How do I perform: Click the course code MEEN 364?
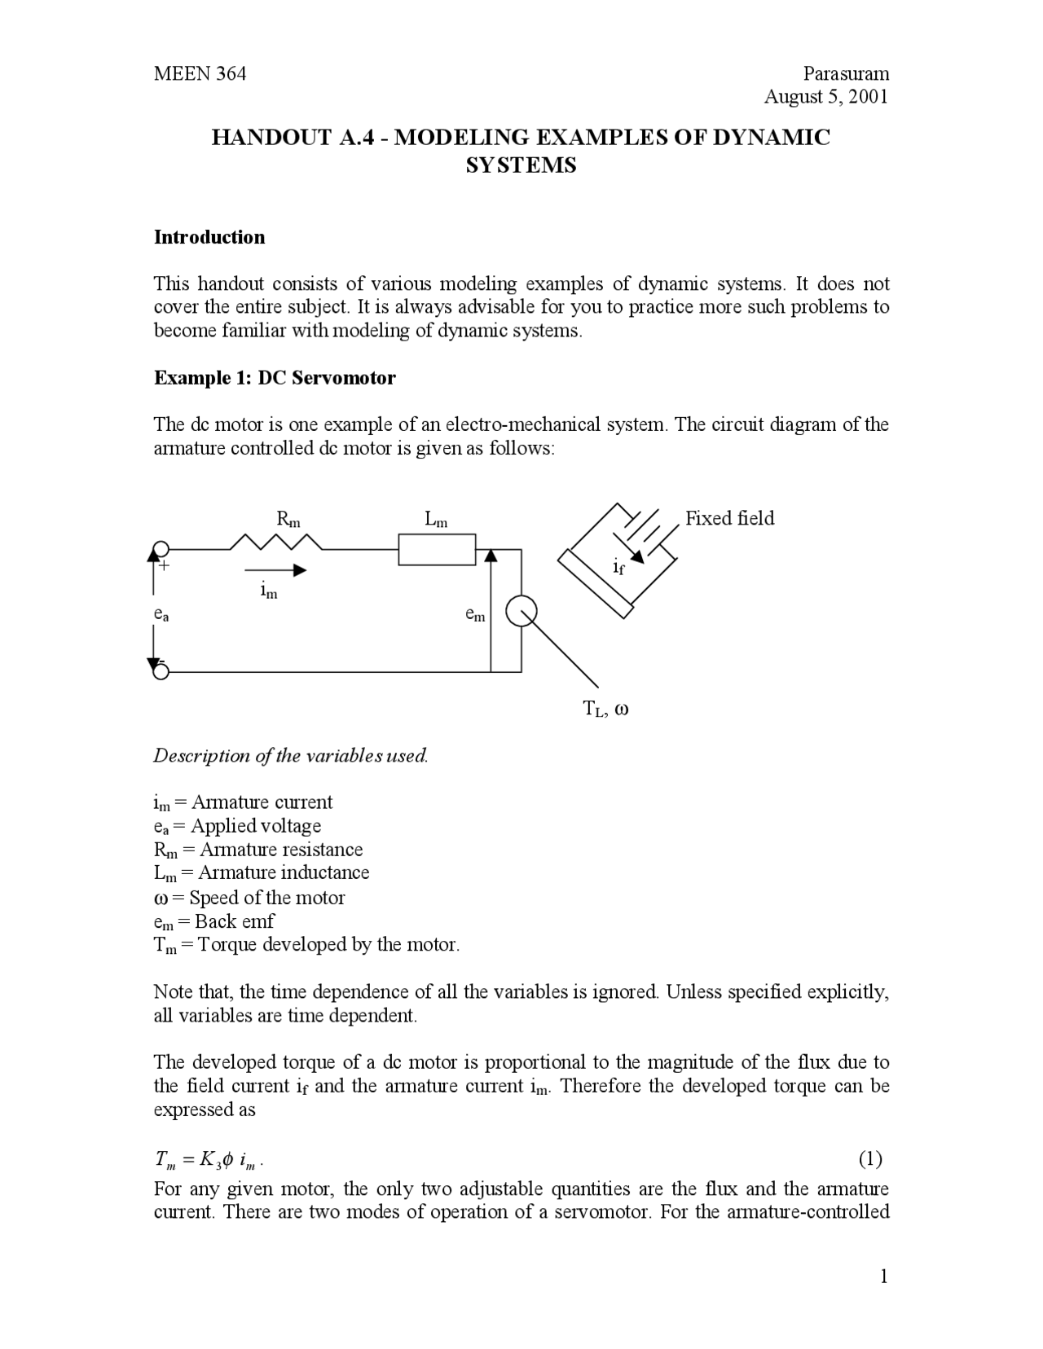[200, 74]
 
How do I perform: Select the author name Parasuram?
[845, 74]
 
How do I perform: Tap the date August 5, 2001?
[825, 97]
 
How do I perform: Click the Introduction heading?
[209, 237]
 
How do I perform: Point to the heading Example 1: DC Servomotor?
[275, 378]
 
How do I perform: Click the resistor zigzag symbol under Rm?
[276, 543]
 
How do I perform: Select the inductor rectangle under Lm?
[437, 549]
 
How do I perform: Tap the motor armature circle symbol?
[521, 612]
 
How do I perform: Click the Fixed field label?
[729, 518]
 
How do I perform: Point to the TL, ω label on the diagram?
[605, 709]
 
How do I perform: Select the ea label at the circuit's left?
[161, 615]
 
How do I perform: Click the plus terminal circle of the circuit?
[161, 549]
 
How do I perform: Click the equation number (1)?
[870, 1158]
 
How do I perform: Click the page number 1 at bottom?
[883, 1276]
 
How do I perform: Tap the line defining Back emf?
[213, 921]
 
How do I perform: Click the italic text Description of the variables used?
[291, 755]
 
